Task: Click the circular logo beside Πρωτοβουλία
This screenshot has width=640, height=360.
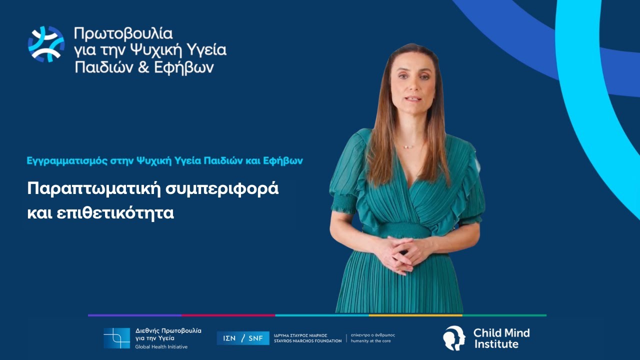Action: click(46, 44)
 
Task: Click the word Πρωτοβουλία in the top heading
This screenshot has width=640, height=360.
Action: click(123, 33)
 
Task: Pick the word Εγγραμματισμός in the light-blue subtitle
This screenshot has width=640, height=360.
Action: click(57, 161)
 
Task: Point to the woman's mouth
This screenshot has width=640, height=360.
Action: click(413, 98)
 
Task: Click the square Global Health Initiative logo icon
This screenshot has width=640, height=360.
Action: click(116, 338)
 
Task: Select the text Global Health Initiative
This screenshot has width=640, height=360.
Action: click(161, 346)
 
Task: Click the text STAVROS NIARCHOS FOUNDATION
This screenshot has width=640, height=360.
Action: click(308, 341)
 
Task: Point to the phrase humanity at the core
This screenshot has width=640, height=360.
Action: click(372, 341)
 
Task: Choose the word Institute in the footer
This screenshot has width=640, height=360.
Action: click(496, 344)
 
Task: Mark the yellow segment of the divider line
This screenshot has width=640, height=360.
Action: click(415, 315)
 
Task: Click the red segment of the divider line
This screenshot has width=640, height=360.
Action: click(228, 315)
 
